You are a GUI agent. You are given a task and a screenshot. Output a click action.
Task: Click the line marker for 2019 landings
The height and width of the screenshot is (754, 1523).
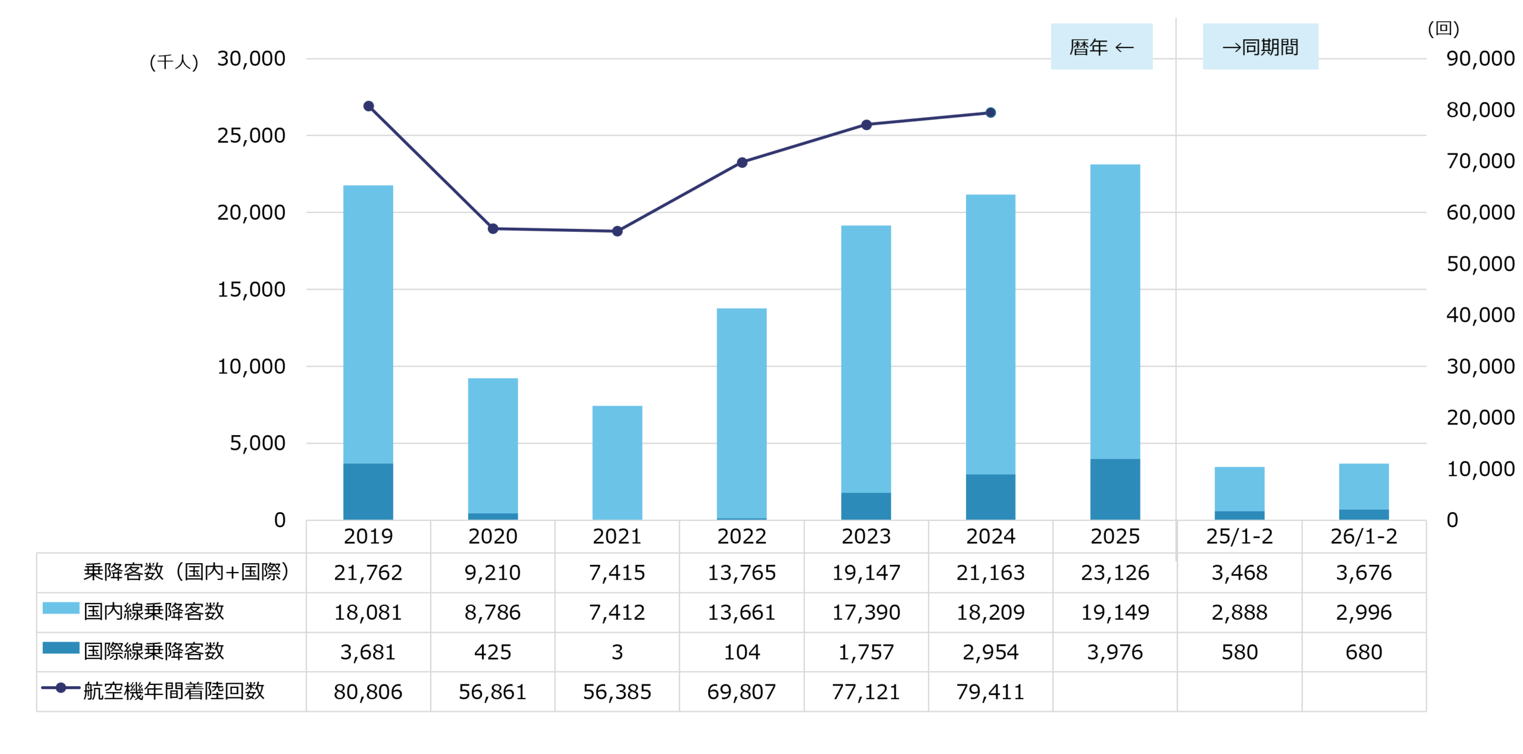(368, 106)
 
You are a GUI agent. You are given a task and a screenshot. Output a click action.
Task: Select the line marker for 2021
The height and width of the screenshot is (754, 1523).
(617, 231)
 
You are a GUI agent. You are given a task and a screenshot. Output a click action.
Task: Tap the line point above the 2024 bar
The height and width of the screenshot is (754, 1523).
(991, 113)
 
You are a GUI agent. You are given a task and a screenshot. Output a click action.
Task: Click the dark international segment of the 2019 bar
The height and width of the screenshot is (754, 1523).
(368, 492)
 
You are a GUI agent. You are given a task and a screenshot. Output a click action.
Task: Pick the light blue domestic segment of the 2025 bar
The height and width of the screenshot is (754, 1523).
(1115, 312)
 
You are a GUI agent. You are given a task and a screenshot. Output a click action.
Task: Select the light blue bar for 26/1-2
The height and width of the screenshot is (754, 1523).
(1364, 486)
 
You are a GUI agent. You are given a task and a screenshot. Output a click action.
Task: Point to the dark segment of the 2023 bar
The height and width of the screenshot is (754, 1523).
(866, 506)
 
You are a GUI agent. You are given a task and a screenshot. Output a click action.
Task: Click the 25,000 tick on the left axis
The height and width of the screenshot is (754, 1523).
(251, 136)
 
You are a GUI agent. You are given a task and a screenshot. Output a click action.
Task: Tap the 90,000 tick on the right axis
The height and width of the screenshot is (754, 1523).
(1480, 59)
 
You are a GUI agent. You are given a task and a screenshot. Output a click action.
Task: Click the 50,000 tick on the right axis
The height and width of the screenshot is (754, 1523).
(1480, 264)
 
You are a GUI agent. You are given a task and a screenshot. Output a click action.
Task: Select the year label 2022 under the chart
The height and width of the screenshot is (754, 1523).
(741, 536)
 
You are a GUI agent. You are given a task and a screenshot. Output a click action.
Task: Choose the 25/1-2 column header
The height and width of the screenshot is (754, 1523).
(1239, 536)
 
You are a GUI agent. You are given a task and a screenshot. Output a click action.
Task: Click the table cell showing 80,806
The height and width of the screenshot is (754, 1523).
(368, 692)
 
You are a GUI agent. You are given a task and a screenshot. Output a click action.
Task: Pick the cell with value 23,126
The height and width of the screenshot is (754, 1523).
(1115, 573)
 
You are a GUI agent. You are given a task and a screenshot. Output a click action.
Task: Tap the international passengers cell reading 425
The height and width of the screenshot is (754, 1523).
(493, 652)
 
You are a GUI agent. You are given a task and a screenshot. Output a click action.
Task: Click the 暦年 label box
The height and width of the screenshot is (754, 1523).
(1101, 46)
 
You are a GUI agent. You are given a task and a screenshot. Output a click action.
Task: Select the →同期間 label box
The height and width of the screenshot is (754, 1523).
(1260, 46)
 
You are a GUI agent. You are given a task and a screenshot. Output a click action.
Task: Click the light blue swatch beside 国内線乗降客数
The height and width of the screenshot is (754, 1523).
(61, 608)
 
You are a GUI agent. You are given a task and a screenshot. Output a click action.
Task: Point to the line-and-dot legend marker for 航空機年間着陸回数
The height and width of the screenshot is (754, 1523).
(61, 688)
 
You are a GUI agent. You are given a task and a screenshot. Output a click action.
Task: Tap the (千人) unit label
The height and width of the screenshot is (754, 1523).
(174, 62)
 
